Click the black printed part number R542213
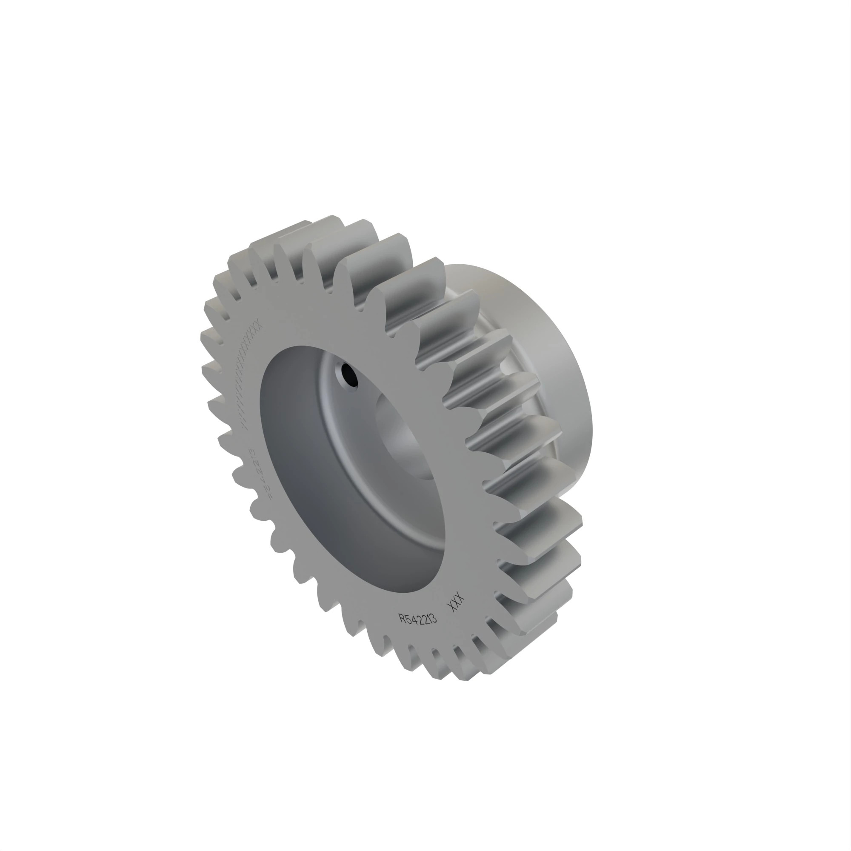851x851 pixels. (x=417, y=618)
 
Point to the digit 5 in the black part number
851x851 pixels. (x=408, y=618)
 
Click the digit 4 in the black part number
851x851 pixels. (x=413, y=618)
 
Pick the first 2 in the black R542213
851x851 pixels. (x=418, y=619)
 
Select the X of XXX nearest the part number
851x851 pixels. (x=451, y=606)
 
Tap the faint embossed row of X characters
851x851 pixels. (x=251, y=374)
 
